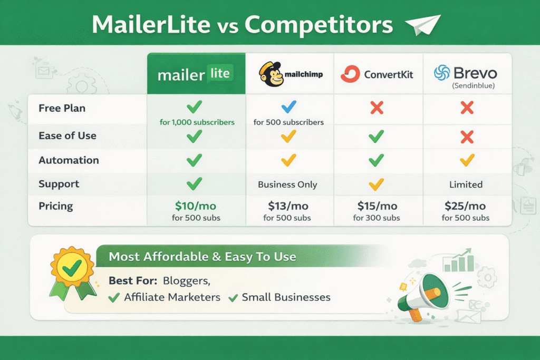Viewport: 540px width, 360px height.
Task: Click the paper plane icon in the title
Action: (x=422, y=24)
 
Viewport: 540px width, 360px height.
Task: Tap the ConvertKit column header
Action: (x=377, y=74)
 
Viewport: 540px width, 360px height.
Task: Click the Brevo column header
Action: (x=466, y=74)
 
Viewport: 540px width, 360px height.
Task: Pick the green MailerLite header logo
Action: (x=196, y=74)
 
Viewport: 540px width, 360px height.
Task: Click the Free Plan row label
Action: (x=62, y=108)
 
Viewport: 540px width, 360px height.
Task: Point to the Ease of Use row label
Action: (x=67, y=135)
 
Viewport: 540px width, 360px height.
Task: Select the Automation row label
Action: (x=69, y=160)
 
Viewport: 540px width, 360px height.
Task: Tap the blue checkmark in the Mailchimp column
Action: (x=288, y=108)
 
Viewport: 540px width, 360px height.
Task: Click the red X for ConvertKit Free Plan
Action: (x=377, y=108)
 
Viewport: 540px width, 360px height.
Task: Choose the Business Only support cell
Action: (x=287, y=184)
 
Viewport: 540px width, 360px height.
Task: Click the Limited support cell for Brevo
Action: (x=466, y=184)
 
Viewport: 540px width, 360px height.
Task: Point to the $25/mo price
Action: (x=466, y=206)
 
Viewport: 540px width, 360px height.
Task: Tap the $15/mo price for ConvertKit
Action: (x=377, y=206)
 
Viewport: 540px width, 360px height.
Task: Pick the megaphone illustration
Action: (x=420, y=295)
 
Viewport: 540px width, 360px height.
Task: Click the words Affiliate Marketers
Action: (x=172, y=297)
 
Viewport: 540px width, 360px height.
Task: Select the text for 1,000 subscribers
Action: (x=196, y=122)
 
